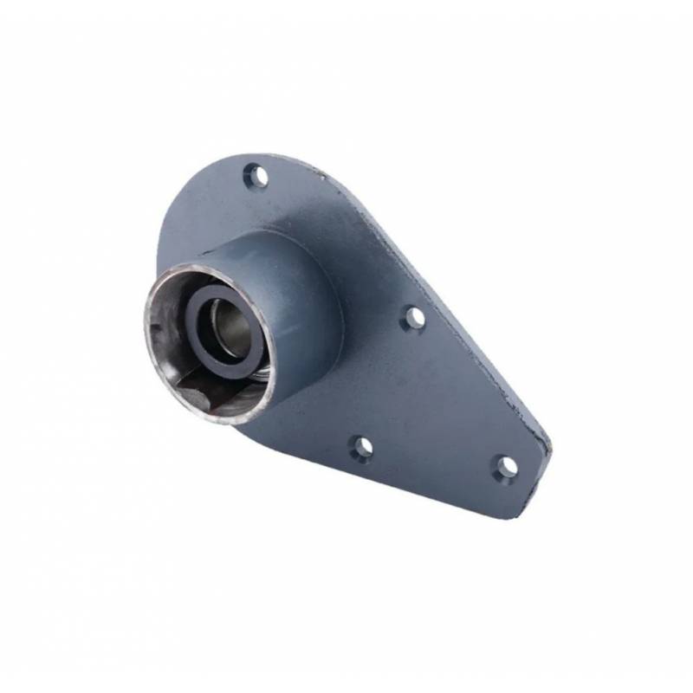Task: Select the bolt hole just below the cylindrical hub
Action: point(362,448)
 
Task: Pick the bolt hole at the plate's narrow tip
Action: point(506,467)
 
